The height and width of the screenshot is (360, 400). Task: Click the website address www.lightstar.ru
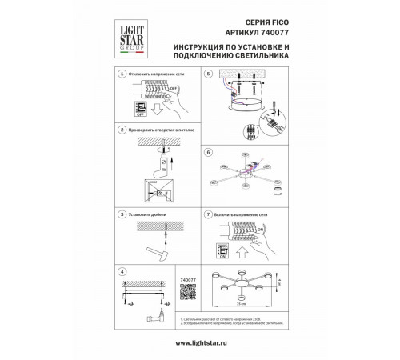[x=200, y=343]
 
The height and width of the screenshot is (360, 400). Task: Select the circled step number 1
[x=121, y=73]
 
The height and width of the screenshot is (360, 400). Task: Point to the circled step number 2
[x=121, y=129]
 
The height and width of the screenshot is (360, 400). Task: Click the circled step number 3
[x=121, y=215]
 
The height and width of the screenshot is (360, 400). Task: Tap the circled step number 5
[x=207, y=73]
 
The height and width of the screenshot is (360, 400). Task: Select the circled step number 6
[x=207, y=151]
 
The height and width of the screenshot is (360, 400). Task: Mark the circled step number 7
[x=207, y=215]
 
